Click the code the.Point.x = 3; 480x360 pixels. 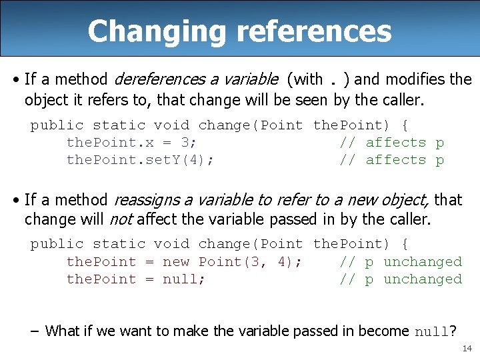[131, 143]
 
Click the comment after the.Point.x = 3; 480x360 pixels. [391, 143]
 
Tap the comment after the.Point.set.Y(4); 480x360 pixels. [391, 160]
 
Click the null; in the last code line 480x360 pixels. [184, 279]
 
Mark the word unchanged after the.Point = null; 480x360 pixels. [423, 279]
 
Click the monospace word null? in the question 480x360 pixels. [435, 331]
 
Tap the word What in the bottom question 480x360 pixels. [62, 331]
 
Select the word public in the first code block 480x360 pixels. [57, 125]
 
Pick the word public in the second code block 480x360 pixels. [57, 244]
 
